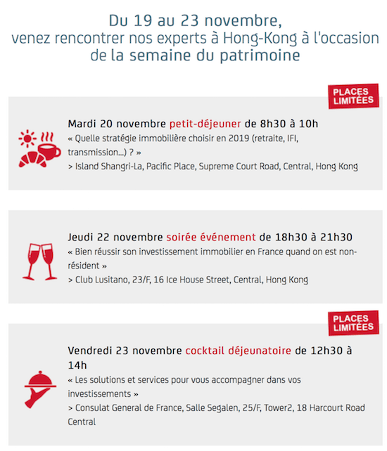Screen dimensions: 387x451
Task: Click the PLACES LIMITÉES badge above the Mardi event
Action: coord(353,97)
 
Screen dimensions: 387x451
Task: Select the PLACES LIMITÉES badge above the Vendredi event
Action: coord(353,323)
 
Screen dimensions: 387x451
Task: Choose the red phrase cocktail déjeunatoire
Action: coord(239,350)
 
